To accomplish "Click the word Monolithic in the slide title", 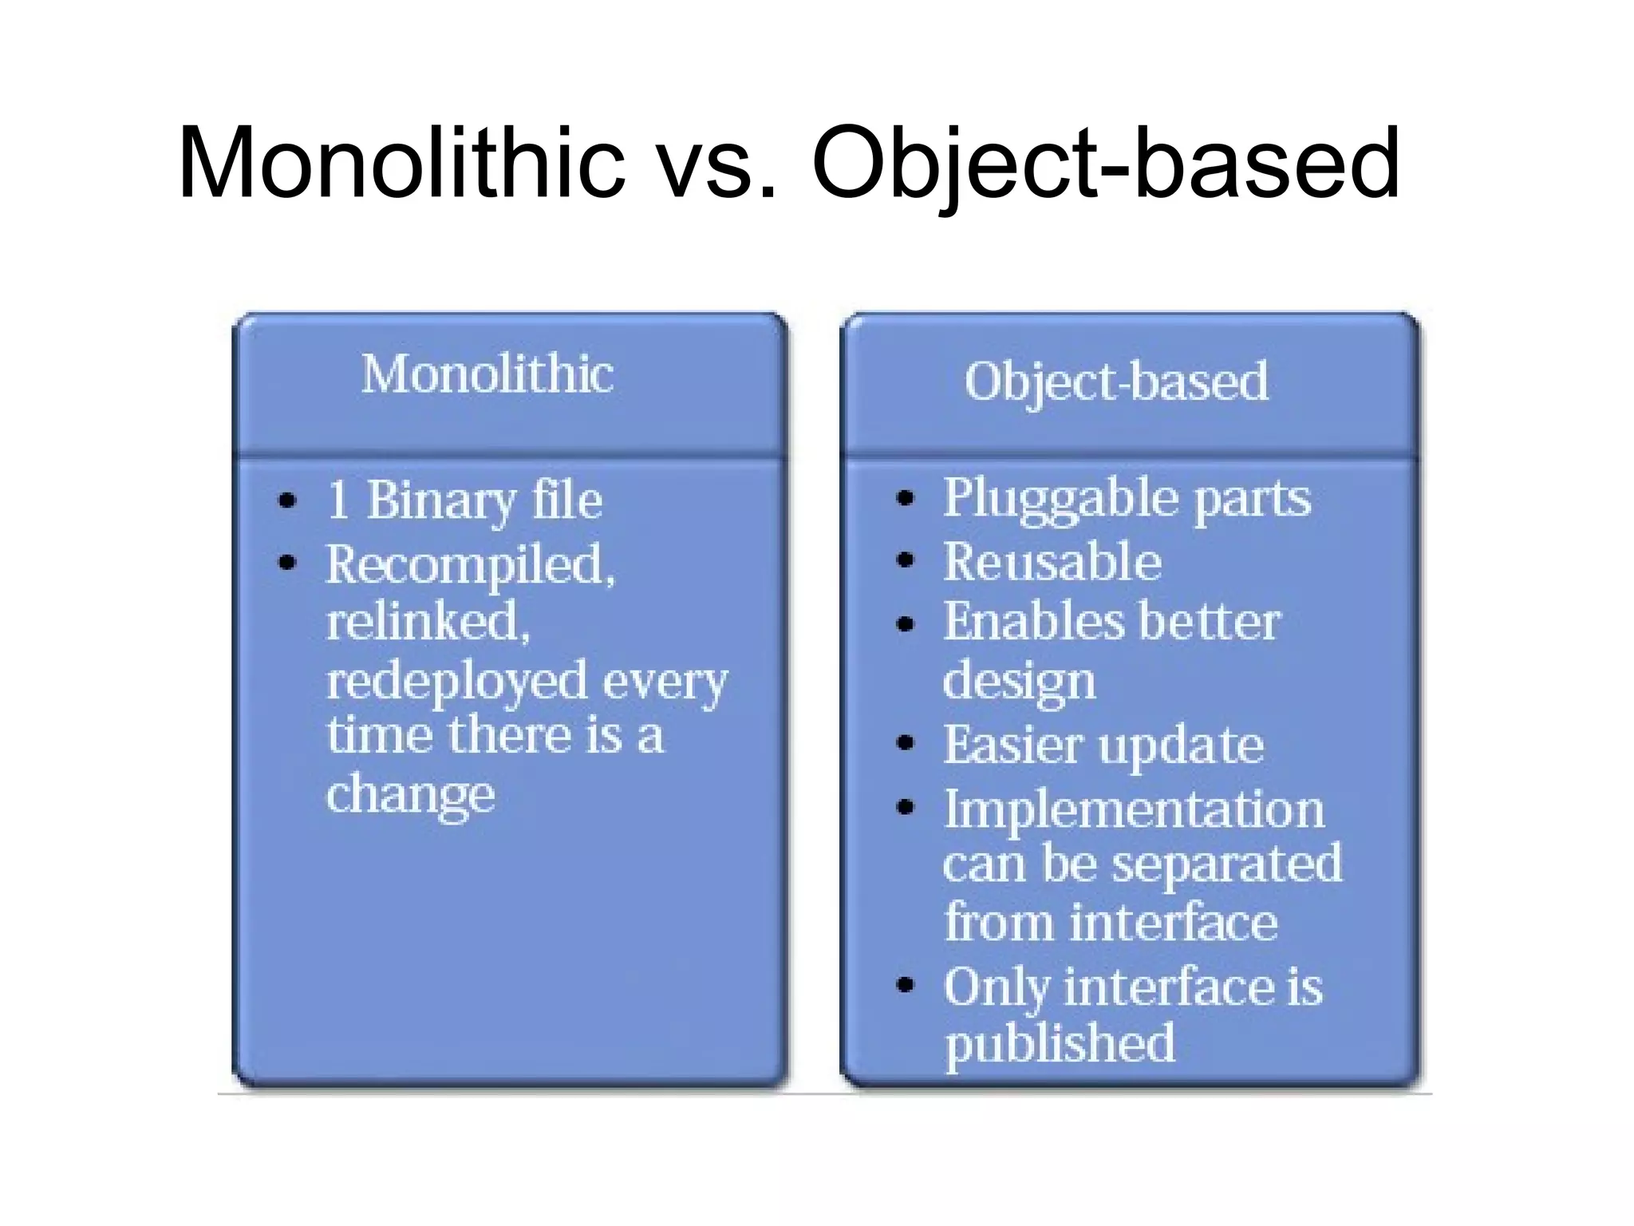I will (401, 163).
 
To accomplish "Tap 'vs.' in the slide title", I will (717, 163).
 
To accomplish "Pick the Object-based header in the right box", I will (1115, 382).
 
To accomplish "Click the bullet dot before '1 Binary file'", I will (287, 501).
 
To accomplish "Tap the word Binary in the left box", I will (440, 501).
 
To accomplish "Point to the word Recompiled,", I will (471, 564).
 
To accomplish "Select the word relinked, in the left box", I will (428, 622).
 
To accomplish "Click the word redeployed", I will (456, 681).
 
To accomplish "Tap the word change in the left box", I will (410, 794).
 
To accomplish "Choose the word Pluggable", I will (1060, 498).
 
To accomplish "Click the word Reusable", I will (1052, 561).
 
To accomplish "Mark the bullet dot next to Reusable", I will (905, 560).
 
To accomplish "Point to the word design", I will (1019, 682).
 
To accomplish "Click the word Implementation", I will (1134, 809).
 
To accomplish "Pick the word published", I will (1060, 1043).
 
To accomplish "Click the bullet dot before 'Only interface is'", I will (905, 984).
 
